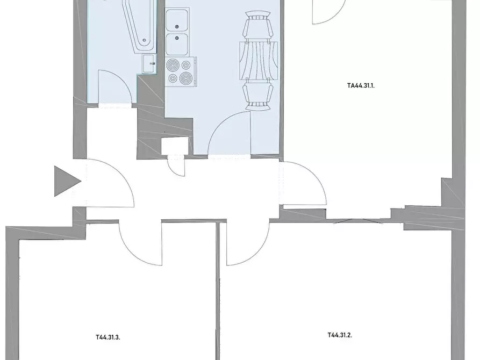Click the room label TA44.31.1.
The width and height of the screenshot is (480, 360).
[361, 86]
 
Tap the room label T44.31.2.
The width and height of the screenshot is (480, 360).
[340, 335]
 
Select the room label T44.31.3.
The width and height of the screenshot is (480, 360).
[108, 337]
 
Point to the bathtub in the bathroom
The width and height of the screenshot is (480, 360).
[140, 26]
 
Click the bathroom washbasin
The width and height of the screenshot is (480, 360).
[149, 64]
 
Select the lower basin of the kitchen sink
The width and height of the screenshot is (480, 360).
[177, 44]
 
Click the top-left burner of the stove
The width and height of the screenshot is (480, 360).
[173, 65]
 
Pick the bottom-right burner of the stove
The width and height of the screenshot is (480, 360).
[185, 78]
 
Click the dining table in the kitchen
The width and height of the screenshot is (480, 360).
[259, 60]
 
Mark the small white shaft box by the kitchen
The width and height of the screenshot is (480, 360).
[175, 146]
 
